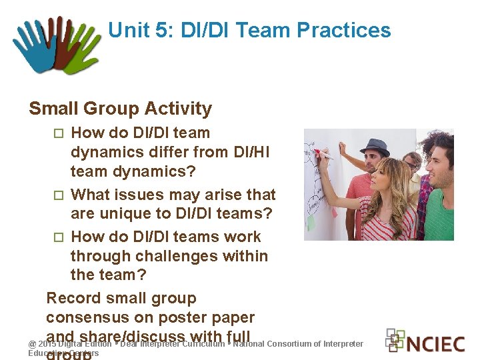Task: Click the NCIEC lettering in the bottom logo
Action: point(435,344)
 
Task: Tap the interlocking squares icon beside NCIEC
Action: point(395,340)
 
